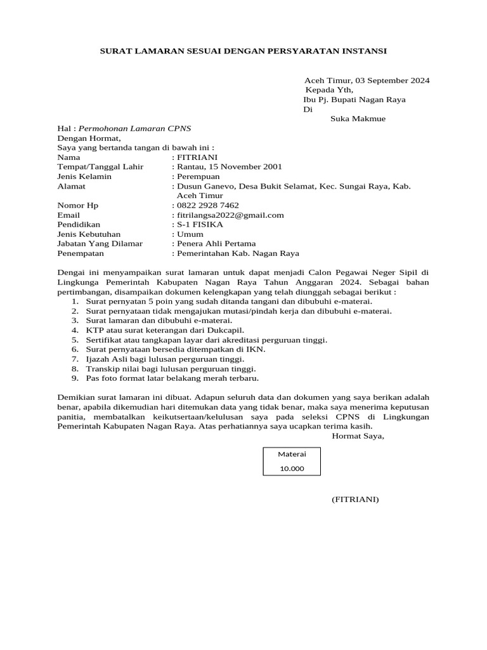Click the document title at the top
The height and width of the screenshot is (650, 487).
pyautogui.click(x=243, y=50)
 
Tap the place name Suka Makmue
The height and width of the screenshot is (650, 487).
pyautogui.click(x=358, y=119)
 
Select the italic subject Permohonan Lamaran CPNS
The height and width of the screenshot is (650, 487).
pyautogui.click(x=134, y=128)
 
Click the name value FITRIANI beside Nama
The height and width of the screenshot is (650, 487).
pyautogui.click(x=197, y=157)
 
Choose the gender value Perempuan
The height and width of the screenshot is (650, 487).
pyautogui.click(x=198, y=176)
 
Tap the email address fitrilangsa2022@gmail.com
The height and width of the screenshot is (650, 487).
pyautogui.click(x=230, y=215)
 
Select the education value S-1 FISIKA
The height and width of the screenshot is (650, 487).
pyautogui.click(x=200, y=225)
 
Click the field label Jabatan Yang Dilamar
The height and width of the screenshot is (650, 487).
pyautogui.click(x=100, y=244)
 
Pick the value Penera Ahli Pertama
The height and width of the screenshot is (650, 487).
pyautogui.click(x=216, y=244)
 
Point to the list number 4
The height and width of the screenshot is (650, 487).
pyautogui.click(x=74, y=331)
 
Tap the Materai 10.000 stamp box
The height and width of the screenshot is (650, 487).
pyautogui.click(x=292, y=461)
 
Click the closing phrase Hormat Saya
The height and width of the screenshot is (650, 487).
pyautogui.click(x=358, y=436)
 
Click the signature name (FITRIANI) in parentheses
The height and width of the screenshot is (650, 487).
pyautogui.click(x=354, y=500)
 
